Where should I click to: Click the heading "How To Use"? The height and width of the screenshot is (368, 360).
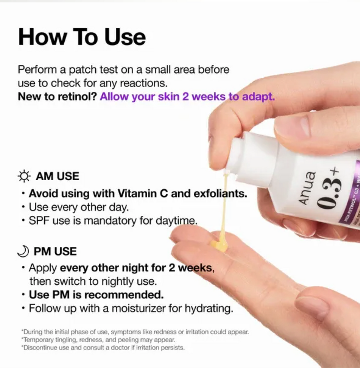click(82, 37)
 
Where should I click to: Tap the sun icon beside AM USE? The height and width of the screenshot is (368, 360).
click(24, 176)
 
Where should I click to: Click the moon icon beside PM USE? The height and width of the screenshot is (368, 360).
click(23, 252)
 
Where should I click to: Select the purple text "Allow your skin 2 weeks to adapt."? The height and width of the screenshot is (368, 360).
click(187, 97)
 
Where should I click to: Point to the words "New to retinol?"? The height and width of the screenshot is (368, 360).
click(57, 97)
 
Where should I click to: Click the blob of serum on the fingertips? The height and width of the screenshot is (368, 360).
click(219, 246)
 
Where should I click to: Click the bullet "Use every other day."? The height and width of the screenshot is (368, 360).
click(79, 207)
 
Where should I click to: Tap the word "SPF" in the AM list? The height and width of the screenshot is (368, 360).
click(39, 221)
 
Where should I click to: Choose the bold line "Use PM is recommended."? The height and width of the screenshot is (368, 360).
click(96, 294)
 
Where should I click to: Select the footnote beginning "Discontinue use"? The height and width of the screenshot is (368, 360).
click(103, 348)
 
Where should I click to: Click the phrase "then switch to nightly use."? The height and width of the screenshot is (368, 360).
click(93, 281)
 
